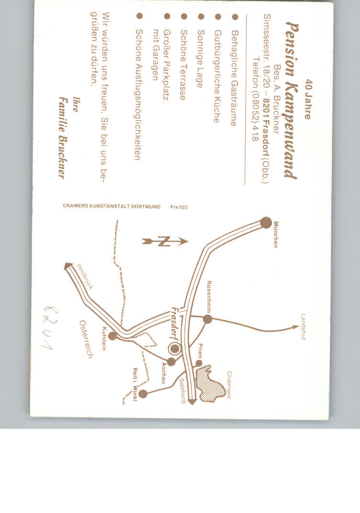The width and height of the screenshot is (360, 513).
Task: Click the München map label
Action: pos(276,234)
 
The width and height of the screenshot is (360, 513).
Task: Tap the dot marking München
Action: pos(266,223)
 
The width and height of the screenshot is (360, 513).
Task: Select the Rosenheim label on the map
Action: pos(209,297)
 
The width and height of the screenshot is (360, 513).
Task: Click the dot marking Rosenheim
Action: pos(207,319)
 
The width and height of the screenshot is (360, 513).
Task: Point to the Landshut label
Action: pos(304,327)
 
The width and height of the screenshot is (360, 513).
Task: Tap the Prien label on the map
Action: pos(200,351)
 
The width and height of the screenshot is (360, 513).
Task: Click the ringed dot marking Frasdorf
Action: pos(175,349)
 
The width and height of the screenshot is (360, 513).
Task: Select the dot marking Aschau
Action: pos(171,361)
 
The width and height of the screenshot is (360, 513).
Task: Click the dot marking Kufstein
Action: pos(112,335)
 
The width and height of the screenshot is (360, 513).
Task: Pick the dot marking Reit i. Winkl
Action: pos(143,393)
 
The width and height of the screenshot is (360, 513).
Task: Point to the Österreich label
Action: pos(86,339)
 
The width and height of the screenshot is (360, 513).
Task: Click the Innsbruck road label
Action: pos(85,277)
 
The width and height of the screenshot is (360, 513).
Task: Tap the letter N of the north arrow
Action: pos(164,242)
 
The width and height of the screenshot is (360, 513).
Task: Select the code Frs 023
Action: pos(179,207)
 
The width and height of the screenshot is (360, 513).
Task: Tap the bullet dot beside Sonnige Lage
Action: pos(201,16)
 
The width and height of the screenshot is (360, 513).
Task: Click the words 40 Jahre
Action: pos(308,99)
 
